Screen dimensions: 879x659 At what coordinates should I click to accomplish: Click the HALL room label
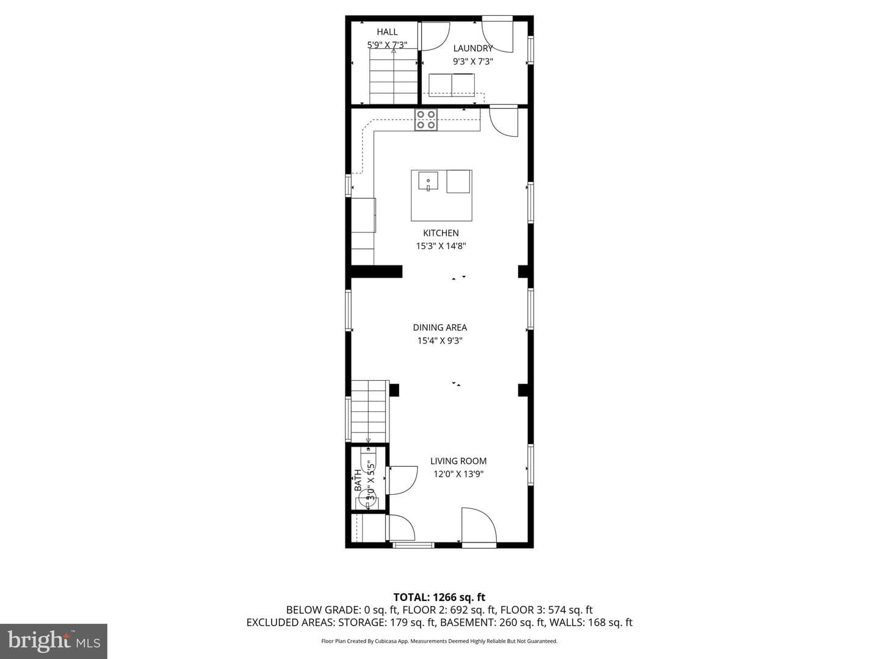click(x=387, y=32)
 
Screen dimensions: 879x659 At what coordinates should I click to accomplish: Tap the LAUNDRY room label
click(x=472, y=48)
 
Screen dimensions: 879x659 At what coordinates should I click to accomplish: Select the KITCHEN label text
click(x=441, y=233)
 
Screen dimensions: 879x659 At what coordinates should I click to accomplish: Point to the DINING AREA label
click(x=440, y=327)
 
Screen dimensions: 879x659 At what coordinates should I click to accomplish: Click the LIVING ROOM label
click(x=458, y=461)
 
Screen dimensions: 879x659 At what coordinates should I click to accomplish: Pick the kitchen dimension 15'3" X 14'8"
click(x=441, y=246)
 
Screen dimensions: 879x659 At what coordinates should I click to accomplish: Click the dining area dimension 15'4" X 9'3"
click(x=440, y=341)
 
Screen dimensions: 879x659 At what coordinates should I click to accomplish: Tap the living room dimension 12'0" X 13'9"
click(x=458, y=474)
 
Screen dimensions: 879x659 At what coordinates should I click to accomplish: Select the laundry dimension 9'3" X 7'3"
click(x=472, y=62)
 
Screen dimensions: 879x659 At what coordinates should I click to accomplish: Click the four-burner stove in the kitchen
click(x=425, y=120)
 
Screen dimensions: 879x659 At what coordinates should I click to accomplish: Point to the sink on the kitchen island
click(x=428, y=181)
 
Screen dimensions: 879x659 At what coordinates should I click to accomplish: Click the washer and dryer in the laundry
click(x=452, y=85)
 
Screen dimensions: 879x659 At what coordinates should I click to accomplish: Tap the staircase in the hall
click(x=394, y=76)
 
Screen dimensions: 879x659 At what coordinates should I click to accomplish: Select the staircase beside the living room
click(x=369, y=412)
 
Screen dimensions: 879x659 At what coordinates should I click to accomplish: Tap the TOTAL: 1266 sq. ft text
click(x=440, y=597)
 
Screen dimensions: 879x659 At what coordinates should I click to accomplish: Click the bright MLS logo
click(x=54, y=641)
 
